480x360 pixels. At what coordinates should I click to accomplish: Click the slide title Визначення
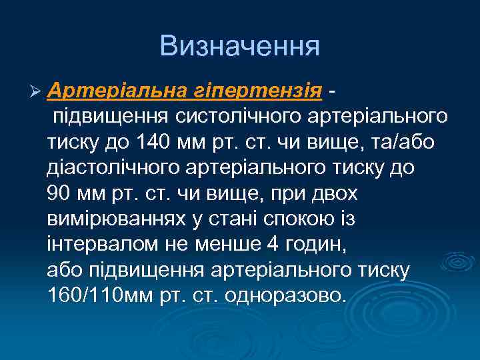point(240,46)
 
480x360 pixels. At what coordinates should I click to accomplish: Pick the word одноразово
point(287,294)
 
